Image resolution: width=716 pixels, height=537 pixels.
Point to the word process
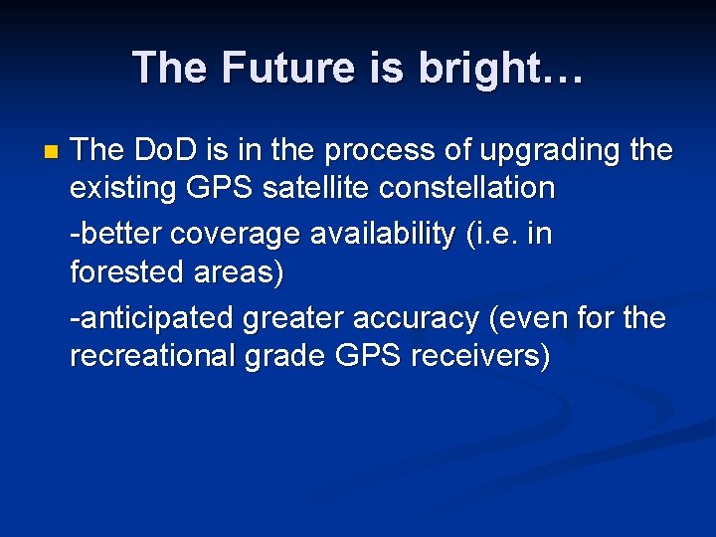coord(366,151)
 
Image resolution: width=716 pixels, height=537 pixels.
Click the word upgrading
coord(537,151)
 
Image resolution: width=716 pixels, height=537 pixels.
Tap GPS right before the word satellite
coord(225,187)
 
